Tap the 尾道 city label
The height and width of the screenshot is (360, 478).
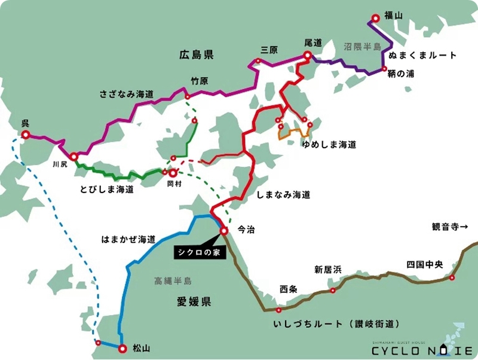313,43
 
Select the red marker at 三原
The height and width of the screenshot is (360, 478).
258,60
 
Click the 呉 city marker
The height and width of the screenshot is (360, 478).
26,135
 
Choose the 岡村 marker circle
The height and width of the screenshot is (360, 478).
172,172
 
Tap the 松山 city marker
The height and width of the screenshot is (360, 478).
122,347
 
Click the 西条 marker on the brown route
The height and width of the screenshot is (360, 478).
279,310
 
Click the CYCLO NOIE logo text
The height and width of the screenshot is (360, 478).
422,350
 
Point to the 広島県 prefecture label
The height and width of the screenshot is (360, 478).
197,55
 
